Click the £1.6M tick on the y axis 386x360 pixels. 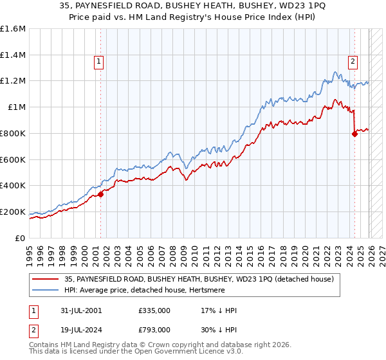(x=13, y=29)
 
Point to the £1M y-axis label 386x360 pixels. (x=16, y=107)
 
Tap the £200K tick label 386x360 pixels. (x=13, y=212)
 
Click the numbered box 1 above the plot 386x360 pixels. (x=99, y=62)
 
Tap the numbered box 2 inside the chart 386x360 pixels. (x=353, y=62)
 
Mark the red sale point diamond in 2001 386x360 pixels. (x=100, y=194)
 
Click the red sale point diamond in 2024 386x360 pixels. (x=354, y=134)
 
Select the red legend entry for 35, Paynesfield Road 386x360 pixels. (x=193, y=280)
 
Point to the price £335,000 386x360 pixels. (x=154, y=310)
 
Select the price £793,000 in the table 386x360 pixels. (x=154, y=328)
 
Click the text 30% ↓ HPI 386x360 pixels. (x=219, y=328)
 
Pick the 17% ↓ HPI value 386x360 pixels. (x=219, y=310)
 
